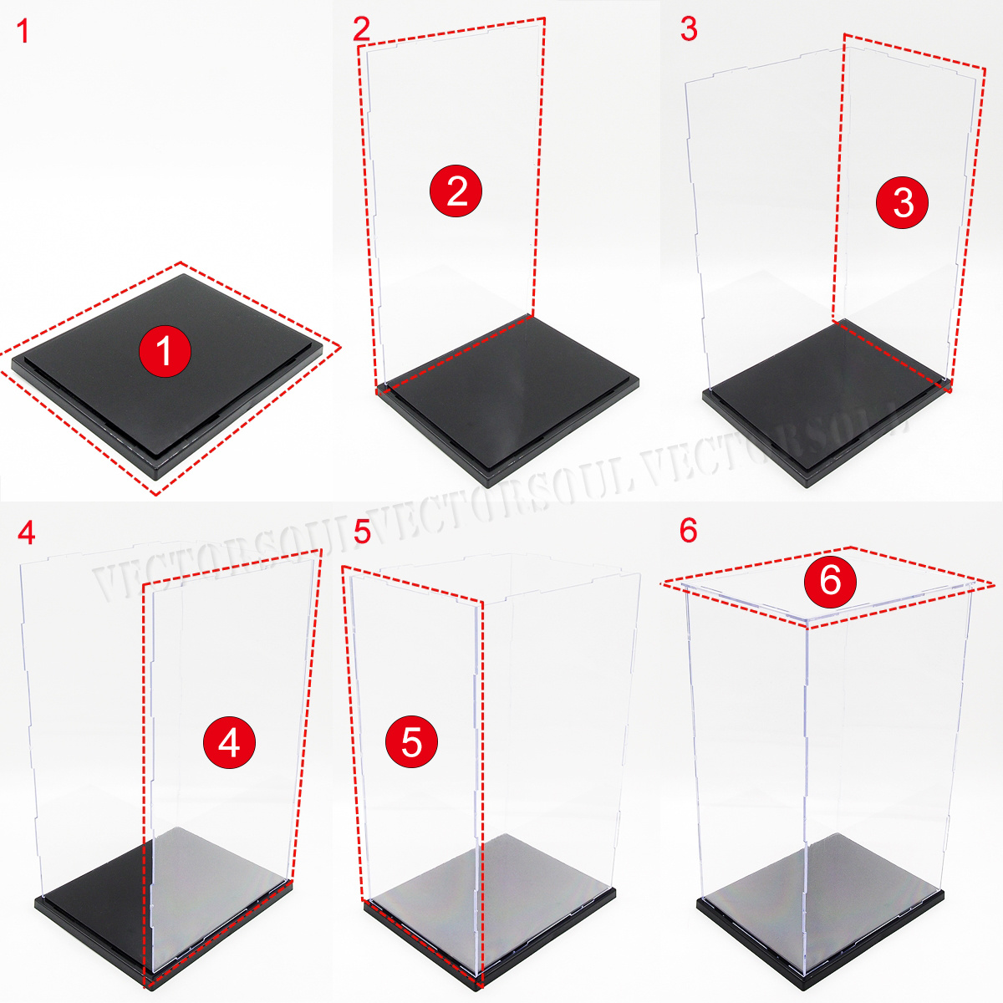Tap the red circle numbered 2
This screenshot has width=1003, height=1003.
tap(456, 191)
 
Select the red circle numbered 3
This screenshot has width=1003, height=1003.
tap(903, 202)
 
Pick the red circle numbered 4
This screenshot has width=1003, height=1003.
tap(229, 741)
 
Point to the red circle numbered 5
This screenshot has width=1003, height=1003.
tap(411, 741)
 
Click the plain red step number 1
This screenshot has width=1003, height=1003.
tap(23, 32)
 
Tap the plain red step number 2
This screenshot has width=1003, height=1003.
tap(361, 30)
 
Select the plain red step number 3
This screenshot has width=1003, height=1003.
tap(688, 30)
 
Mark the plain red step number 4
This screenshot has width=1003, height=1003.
tap(25, 532)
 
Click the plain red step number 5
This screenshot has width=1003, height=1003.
tap(361, 532)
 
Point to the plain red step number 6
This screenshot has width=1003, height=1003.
tap(688, 531)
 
